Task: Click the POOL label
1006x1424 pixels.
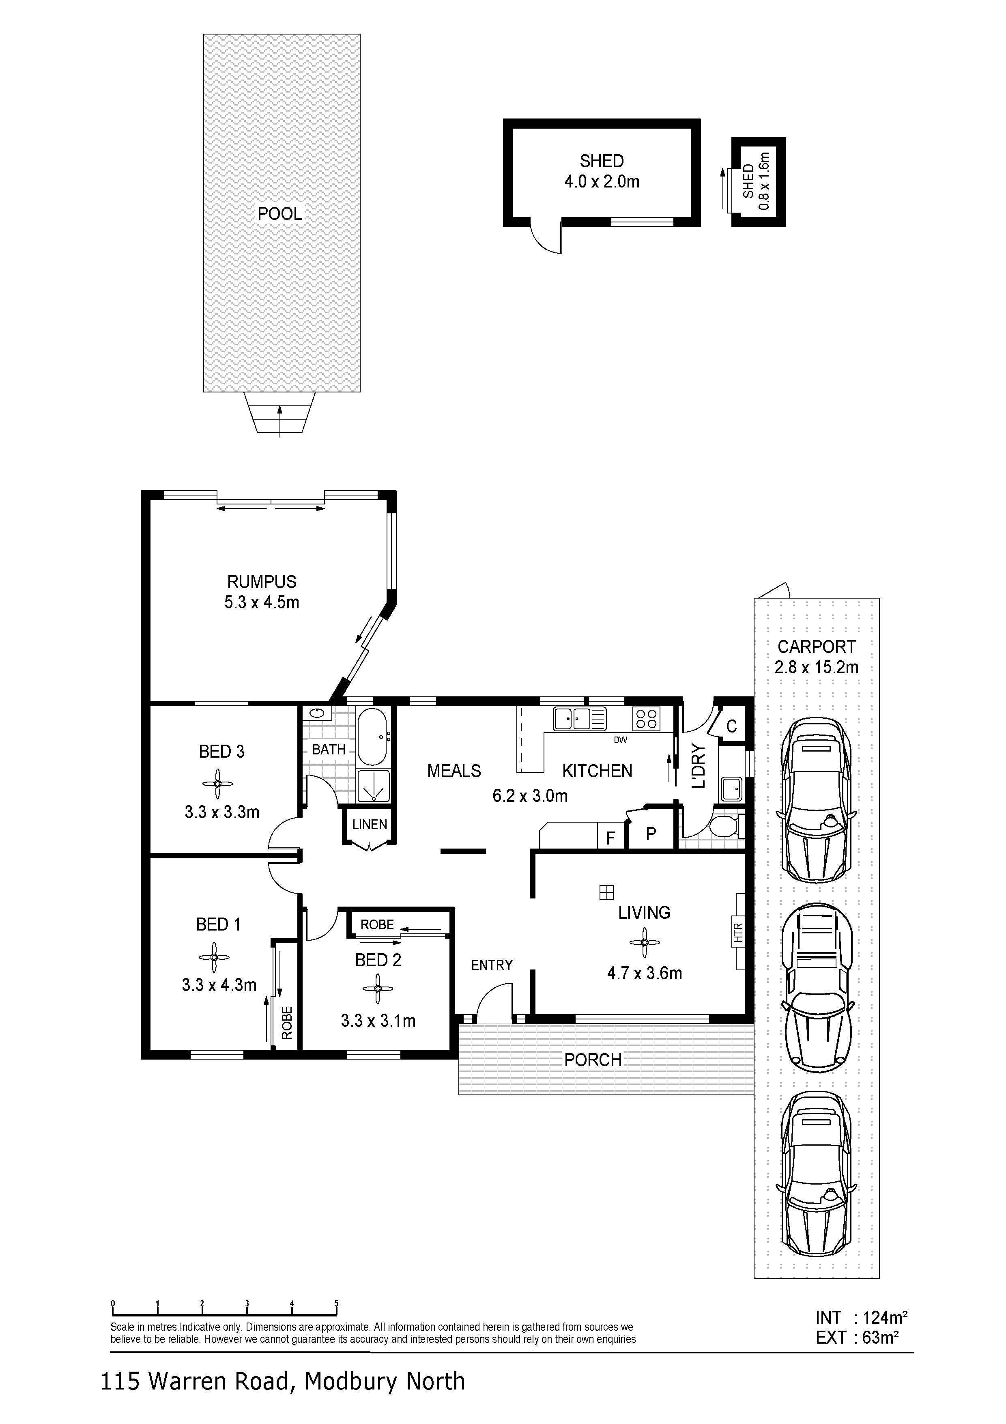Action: [279, 214]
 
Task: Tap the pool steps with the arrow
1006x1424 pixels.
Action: [279, 413]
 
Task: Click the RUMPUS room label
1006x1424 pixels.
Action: [262, 582]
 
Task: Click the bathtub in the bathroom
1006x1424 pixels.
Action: [372, 736]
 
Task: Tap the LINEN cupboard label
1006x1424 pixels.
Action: [370, 824]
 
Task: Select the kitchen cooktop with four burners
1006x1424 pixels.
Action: [647, 718]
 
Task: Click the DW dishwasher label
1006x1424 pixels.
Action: [621, 740]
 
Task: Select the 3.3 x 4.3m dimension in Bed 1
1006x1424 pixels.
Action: [219, 985]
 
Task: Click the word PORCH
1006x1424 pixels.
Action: [593, 1060]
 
